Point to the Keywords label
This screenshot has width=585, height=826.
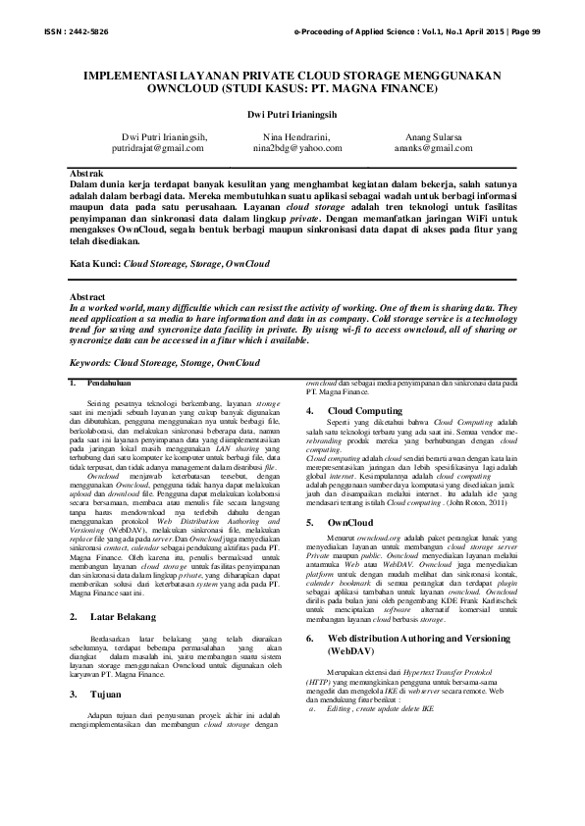pyautogui.click(x=91, y=363)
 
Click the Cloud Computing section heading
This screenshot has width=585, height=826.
pyautogui.click(x=364, y=410)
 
